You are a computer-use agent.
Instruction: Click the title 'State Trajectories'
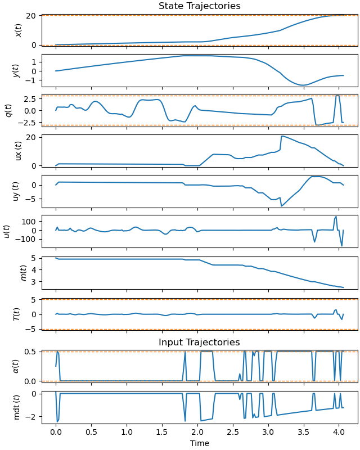(199, 6)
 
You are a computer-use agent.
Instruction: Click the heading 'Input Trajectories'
(199, 343)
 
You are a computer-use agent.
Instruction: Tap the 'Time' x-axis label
(199, 443)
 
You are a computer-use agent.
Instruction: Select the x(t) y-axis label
(18, 30)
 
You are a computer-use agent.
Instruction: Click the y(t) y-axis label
(18, 70)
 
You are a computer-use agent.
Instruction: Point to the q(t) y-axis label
(8, 111)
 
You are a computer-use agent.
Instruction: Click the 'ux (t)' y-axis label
(18, 151)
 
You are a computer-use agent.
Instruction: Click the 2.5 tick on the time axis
(233, 434)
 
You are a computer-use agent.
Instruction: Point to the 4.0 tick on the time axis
(339, 434)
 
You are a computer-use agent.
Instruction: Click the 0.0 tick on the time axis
(56, 434)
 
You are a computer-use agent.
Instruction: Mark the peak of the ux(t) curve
(282, 136)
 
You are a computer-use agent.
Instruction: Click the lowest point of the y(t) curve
(303, 85)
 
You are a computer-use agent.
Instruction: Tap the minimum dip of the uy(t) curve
(282, 206)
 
